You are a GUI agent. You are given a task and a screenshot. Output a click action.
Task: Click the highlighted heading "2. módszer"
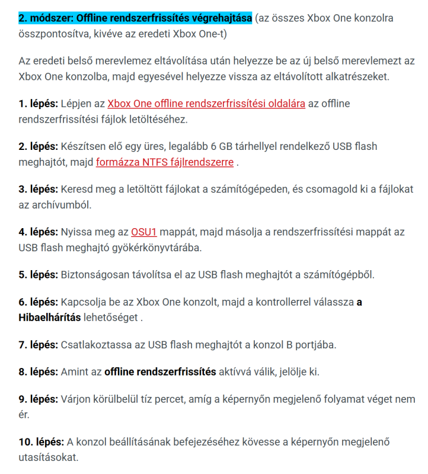[x=135, y=18]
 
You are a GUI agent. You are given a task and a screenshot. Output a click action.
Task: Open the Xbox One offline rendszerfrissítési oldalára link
[x=206, y=104]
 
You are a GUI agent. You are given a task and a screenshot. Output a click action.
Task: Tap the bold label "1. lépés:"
[x=38, y=104]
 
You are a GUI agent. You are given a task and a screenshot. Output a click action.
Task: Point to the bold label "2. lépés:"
[x=38, y=146]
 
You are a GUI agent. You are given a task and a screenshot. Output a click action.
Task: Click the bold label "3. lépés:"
[x=38, y=189]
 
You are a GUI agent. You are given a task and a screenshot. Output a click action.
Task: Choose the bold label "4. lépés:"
[x=38, y=232]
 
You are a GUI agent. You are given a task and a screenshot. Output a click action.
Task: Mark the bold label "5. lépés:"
[x=38, y=274]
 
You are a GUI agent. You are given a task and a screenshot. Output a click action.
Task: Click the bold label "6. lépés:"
[x=38, y=302]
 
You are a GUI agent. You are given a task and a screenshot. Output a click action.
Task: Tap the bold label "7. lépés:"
[x=38, y=344]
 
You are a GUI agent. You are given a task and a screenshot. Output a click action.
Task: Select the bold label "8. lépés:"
[x=38, y=372]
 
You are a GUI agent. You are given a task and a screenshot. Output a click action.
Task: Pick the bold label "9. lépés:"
[x=38, y=400]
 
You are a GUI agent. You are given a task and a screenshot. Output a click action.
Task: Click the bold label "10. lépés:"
[x=41, y=442]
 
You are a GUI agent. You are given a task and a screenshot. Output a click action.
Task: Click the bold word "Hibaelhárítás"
[x=50, y=316]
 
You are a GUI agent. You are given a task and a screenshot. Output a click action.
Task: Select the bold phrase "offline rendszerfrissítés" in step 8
[x=160, y=372]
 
